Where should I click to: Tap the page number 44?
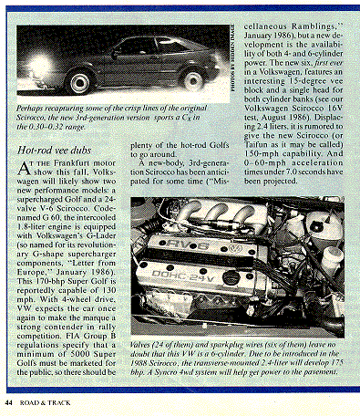[x=10, y=401]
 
